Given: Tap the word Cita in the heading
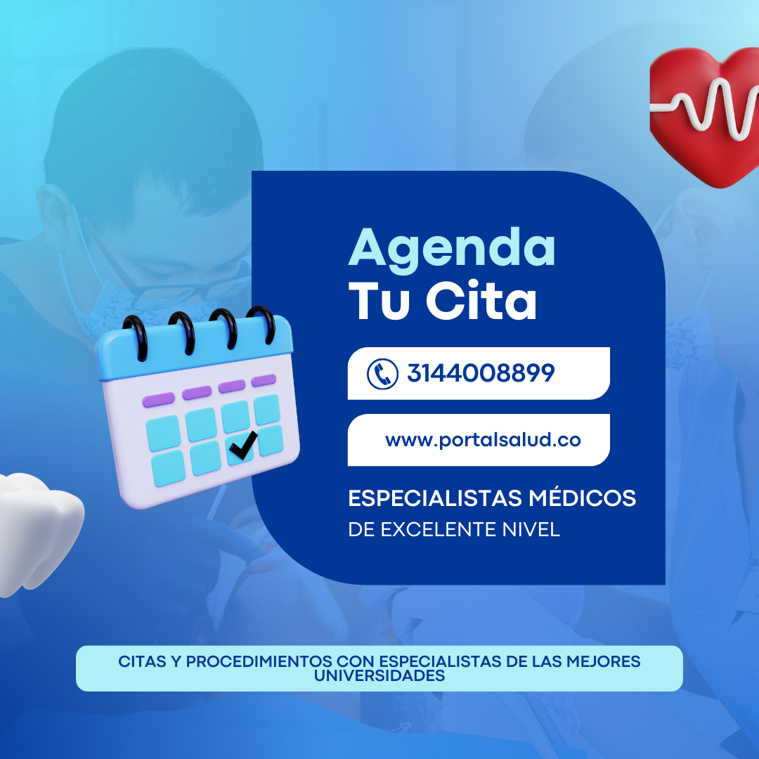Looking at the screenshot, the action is coord(481,300).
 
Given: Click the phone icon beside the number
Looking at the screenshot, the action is coord(382,374).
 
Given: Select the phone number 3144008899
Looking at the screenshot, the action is coord(481,373).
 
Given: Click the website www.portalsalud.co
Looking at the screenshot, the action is coord(483,440).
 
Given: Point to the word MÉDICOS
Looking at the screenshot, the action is coord(583,498).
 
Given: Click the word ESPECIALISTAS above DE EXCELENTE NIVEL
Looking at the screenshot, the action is coord(435,498).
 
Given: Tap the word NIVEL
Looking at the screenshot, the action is coord(531,530).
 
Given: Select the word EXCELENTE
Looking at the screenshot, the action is coord(439,530).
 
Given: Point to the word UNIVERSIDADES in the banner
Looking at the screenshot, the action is coord(379,676).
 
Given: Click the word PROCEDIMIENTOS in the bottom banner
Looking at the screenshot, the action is coord(259,661).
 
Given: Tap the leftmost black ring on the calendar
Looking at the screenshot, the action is coord(137,338).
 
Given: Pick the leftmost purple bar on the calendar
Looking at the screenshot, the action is coord(158,400).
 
